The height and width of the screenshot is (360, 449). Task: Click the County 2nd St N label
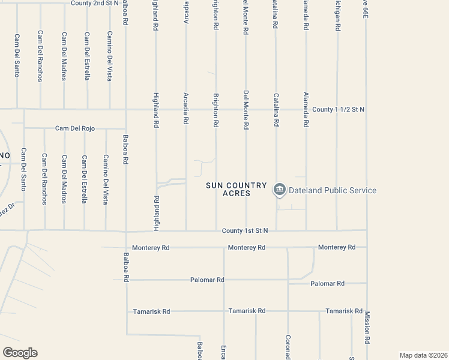pos(95,3)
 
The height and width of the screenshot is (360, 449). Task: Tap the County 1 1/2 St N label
pos(339,109)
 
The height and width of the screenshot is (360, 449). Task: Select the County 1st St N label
pos(244,230)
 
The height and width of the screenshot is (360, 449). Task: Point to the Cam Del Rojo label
pos(75,128)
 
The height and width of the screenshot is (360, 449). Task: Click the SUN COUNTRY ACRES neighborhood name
pos(228,190)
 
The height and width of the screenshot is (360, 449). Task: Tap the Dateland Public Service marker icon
pos(279,190)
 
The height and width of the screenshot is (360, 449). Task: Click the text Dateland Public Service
pos(333,191)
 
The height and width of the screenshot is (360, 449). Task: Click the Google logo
pos(20,353)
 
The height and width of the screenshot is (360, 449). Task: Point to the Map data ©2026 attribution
pos(423,355)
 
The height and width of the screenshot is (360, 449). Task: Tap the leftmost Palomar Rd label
pos(207,280)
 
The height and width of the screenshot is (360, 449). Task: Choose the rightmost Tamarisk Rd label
pos(344,311)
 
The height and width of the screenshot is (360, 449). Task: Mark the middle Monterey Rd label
pos(247,247)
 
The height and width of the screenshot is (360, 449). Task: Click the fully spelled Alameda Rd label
pos(306,109)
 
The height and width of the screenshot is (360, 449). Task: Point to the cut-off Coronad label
pos(288,347)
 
